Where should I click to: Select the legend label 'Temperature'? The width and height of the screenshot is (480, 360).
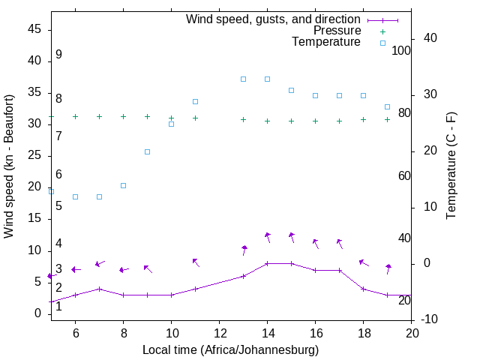click(326, 42)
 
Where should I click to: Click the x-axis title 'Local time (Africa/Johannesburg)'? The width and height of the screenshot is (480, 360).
click(231, 350)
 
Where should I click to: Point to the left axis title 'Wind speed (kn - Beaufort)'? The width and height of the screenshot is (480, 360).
click(9, 166)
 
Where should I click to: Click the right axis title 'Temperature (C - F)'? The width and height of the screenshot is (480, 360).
click(451, 166)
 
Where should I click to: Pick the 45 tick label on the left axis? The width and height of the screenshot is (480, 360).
click(34, 29)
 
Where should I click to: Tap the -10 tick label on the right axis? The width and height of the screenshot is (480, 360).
click(431, 319)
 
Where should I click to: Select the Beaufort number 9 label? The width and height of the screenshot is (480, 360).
click(58, 55)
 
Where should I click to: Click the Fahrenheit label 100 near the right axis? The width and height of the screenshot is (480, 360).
click(401, 51)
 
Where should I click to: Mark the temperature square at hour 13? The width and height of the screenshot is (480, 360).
click(243, 79)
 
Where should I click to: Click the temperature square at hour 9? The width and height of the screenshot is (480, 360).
click(147, 151)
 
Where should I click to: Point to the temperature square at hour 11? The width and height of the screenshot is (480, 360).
click(195, 101)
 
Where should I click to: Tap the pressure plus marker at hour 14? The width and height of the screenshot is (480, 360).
click(267, 121)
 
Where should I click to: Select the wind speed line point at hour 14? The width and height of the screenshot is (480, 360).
click(267, 263)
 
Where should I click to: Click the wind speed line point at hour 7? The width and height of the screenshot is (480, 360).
click(99, 289)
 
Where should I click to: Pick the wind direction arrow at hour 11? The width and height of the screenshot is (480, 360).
click(196, 262)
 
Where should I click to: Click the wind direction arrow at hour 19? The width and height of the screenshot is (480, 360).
click(388, 268)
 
